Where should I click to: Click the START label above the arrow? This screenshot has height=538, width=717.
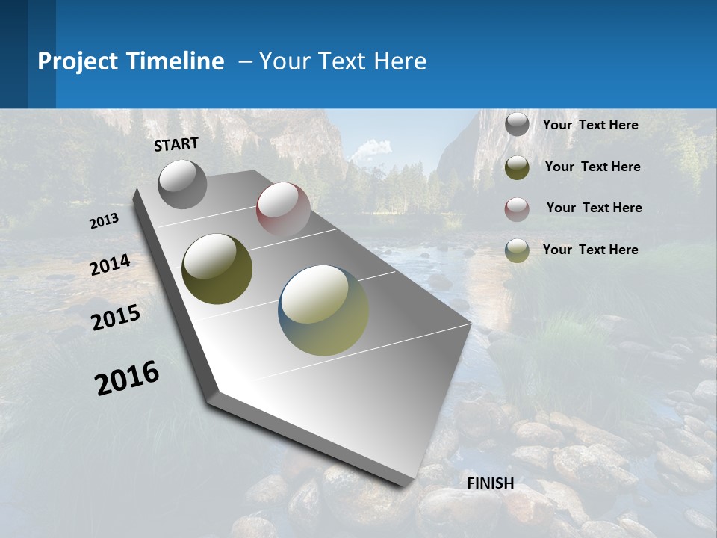(176, 144)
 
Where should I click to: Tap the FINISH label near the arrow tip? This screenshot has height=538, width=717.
(490, 483)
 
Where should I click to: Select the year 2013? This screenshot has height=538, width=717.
(105, 221)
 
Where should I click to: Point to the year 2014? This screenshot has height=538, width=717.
(111, 265)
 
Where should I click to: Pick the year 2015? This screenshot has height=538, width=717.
(116, 318)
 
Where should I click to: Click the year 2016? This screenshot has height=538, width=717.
(127, 377)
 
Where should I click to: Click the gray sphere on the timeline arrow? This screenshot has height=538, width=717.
(182, 184)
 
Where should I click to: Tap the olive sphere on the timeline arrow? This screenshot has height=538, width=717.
(217, 269)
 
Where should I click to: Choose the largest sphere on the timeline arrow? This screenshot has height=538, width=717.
(323, 310)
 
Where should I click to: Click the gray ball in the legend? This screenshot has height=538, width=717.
(517, 124)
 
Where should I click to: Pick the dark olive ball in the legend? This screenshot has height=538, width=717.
(517, 167)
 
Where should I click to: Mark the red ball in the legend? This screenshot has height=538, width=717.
(517, 209)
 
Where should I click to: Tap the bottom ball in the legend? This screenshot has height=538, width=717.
(517, 250)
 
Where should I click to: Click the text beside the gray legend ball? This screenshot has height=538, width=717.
(590, 125)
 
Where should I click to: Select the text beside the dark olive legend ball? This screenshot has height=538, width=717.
(592, 167)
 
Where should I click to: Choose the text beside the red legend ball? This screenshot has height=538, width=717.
(594, 208)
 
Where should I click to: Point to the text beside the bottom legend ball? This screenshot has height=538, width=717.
(590, 250)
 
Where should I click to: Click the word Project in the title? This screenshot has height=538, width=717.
(78, 61)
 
